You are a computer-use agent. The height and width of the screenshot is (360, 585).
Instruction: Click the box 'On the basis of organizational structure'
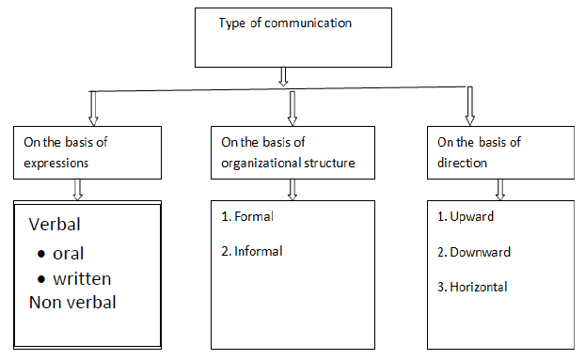click(292, 151)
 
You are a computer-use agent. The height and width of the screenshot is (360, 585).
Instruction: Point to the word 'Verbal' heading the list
click(54, 226)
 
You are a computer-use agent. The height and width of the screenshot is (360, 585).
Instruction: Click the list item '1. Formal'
click(247, 216)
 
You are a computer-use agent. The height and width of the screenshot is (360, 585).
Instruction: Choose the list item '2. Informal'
click(251, 251)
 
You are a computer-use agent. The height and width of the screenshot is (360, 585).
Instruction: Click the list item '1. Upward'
click(466, 216)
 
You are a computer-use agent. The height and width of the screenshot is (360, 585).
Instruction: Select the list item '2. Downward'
click(474, 251)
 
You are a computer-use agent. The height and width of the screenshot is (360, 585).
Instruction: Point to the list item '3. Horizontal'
click(474, 287)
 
